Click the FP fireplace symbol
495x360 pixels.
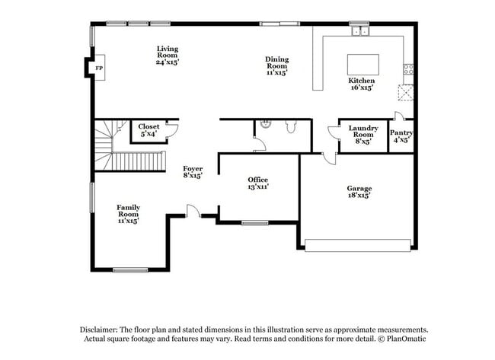(99, 68)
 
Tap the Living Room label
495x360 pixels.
(168, 55)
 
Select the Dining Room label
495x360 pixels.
(276, 65)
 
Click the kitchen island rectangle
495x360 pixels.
(362, 64)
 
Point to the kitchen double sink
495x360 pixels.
(358, 32)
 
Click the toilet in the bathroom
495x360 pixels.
(291, 127)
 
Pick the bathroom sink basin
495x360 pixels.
(263, 125)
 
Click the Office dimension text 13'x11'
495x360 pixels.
(258, 186)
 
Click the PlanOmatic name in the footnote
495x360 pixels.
(402, 337)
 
